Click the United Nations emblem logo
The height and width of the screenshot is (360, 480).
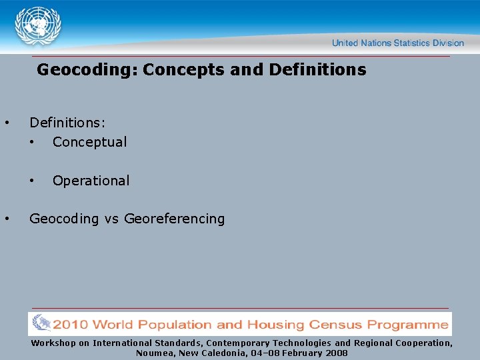point(38,26)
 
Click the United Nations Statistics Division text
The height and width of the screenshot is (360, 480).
point(397,43)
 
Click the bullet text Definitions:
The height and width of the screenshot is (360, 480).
point(67,123)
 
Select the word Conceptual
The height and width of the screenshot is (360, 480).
point(89,142)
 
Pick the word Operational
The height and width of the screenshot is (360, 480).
point(91,181)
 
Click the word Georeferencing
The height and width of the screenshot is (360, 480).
point(175,219)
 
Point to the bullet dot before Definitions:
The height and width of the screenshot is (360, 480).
point(7,123)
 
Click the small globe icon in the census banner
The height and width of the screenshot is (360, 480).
point(41,324)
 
